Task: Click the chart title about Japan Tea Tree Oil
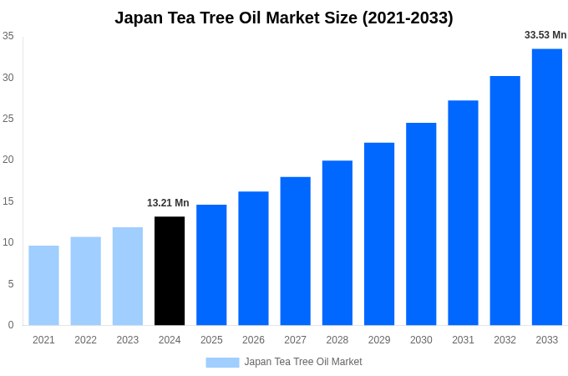284,18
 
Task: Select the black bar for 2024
170,271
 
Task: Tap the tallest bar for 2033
547,187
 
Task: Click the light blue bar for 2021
43,285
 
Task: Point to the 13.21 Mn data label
168,203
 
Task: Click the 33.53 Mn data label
545,35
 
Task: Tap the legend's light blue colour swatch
222,363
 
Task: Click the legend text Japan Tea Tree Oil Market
303,362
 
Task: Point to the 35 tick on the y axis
8,36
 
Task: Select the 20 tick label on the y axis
8,160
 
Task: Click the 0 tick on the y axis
11,325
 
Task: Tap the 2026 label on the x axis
253,340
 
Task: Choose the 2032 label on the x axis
505,340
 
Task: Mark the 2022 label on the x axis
85,340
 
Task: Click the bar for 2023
128,276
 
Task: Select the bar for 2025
211,265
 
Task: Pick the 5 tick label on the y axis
11,284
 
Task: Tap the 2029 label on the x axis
379,340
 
